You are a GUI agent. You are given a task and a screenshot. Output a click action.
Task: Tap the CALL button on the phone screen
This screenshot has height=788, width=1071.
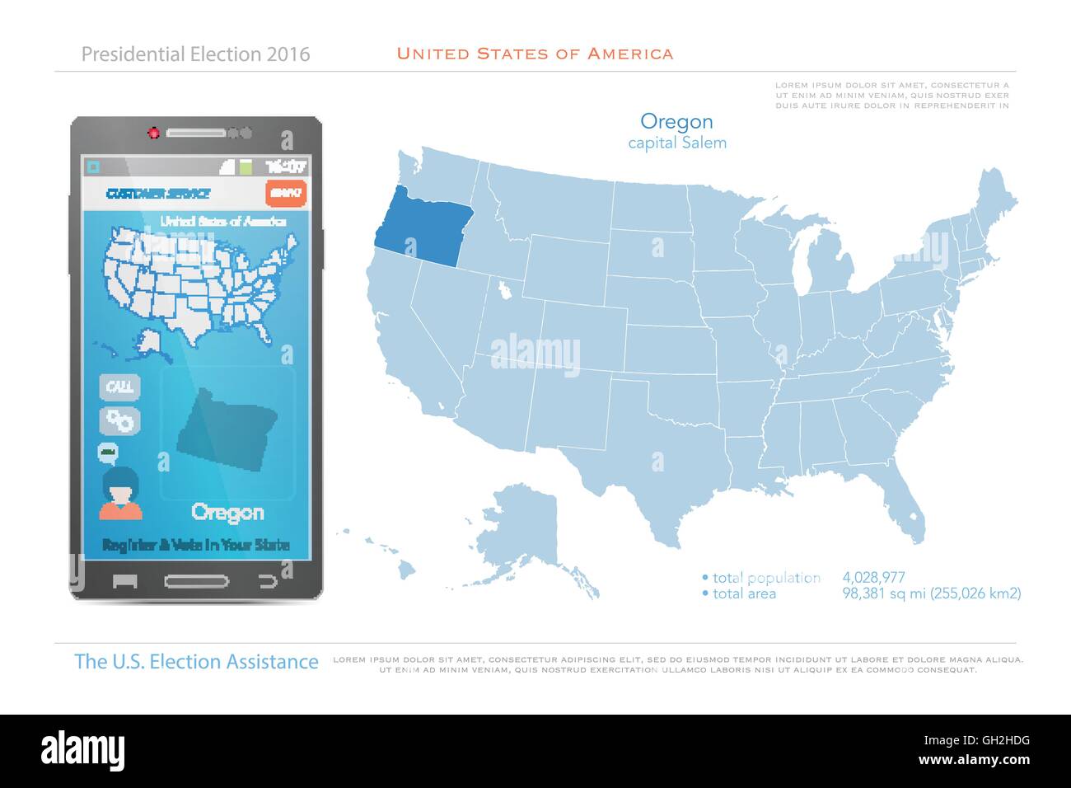[120, 387]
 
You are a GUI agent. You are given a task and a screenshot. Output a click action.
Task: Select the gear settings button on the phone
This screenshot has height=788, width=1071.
[120, 420]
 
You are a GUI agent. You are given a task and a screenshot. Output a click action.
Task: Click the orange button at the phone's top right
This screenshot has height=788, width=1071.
[286, 193]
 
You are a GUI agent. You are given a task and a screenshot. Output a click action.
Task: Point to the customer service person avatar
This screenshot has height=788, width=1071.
[120, 493]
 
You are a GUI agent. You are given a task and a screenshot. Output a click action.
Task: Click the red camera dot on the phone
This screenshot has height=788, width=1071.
[153, 132]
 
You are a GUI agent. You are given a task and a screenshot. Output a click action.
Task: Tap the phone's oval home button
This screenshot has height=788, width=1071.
[196, 581]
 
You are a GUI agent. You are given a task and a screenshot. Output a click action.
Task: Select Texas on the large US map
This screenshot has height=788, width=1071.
[659, 462]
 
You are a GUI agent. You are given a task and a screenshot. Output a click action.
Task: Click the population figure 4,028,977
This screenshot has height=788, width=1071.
[873, 578]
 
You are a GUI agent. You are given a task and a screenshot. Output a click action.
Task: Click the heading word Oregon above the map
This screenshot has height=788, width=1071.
[676, 122]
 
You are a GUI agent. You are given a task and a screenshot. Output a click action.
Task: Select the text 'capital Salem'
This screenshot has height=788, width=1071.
[676, 143]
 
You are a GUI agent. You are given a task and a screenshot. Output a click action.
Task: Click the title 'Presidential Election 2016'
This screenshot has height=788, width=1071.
[196, 54]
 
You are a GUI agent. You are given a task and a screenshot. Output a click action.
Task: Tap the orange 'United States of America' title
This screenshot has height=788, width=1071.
[535, 54]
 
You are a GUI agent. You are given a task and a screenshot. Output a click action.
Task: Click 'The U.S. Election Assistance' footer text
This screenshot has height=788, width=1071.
[196, 661]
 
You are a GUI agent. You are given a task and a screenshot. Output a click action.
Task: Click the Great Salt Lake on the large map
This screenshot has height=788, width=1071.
[501, 289]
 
